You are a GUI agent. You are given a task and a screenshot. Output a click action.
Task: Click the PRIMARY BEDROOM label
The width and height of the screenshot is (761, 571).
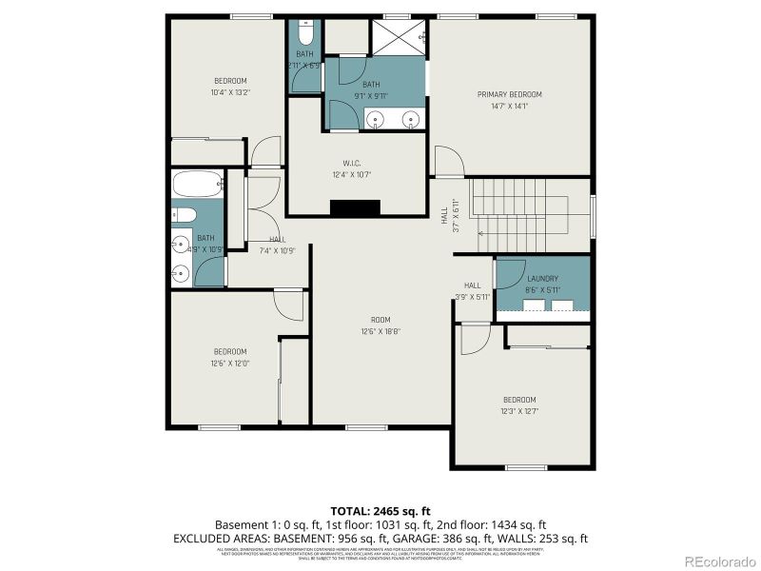point(509,94)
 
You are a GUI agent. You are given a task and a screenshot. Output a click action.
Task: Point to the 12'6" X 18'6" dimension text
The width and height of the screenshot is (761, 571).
point(380,331)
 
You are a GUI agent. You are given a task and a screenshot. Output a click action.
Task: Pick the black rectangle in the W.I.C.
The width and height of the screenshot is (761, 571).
point(355,207)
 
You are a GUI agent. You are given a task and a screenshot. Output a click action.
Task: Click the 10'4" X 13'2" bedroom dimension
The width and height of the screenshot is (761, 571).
point(230,92)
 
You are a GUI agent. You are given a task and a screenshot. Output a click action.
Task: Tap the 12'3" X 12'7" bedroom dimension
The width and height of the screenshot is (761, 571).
point(520,411)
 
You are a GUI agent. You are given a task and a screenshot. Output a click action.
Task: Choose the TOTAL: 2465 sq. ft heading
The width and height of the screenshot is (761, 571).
point(380,511)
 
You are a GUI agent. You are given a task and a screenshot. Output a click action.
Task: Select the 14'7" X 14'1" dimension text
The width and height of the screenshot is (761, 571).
point(509,107)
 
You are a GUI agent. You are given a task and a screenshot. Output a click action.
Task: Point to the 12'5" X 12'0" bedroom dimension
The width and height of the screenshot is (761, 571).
point(230,363)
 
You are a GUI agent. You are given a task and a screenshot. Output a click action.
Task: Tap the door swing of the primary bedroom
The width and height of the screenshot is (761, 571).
point(448,162)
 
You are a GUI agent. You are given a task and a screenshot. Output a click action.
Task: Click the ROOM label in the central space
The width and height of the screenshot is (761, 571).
point(380,319)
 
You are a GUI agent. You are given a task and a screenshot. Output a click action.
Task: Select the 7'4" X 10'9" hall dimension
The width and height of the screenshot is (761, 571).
point(277,250)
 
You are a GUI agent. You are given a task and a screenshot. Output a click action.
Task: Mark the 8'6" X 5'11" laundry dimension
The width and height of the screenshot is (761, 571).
point(542,289)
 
